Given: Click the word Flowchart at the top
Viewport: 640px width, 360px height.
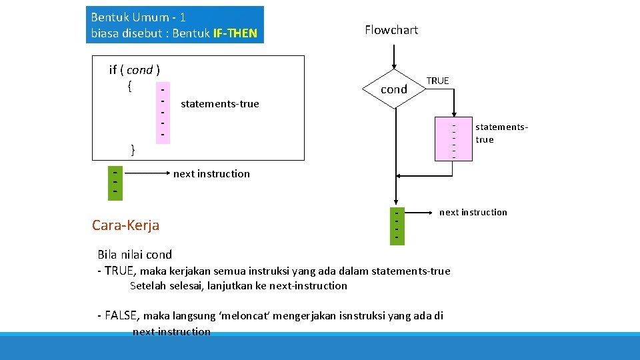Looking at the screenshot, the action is click(x=391, y=29).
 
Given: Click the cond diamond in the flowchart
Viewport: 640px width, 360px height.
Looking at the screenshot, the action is click(x=394, y=89).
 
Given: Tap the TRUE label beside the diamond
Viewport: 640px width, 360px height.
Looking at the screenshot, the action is click(x=437, y=81).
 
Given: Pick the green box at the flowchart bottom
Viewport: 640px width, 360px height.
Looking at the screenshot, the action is click(x=397, y=225).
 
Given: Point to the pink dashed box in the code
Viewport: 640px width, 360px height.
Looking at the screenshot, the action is click(x=161, y=111).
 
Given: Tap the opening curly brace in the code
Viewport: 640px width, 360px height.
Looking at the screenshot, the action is click(x=129, y=85).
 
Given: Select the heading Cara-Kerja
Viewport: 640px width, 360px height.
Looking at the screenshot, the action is click(x=125, y=225).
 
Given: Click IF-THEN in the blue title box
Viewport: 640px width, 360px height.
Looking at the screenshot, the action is click(x=235, y=33).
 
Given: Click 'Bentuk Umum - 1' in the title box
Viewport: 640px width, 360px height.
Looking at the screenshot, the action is click(x=138, y=17).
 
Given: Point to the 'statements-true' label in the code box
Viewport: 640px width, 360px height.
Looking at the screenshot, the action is click(x=219, y=103).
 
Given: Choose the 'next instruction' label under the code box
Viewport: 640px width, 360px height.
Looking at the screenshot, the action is click(x=211, y=173).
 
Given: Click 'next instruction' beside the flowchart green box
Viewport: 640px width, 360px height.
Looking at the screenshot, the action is click(x=473, y=212).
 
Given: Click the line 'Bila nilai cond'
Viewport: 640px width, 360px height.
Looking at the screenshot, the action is click(x=135, y=254).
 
